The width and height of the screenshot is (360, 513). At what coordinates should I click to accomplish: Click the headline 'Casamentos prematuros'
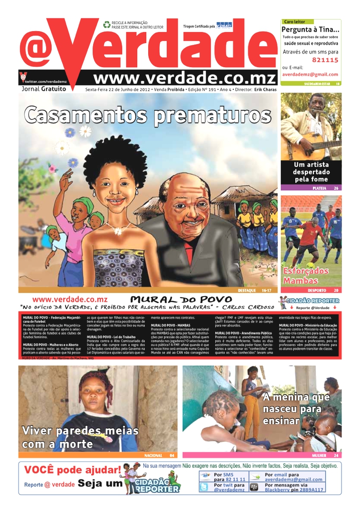[x=144, y=114]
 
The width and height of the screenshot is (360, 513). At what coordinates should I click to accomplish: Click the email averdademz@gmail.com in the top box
[x=310, y=74]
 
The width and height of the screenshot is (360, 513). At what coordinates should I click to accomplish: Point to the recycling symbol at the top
[x=106, y=24]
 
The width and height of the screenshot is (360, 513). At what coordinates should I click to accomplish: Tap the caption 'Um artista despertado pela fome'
[x=311, y=172]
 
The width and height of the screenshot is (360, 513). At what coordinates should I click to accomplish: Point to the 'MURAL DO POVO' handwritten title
[x=181, y=300]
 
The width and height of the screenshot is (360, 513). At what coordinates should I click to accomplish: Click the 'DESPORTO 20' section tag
[x=322, y=290]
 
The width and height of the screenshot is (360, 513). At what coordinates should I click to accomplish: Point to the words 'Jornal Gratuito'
[x=44, y=89]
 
